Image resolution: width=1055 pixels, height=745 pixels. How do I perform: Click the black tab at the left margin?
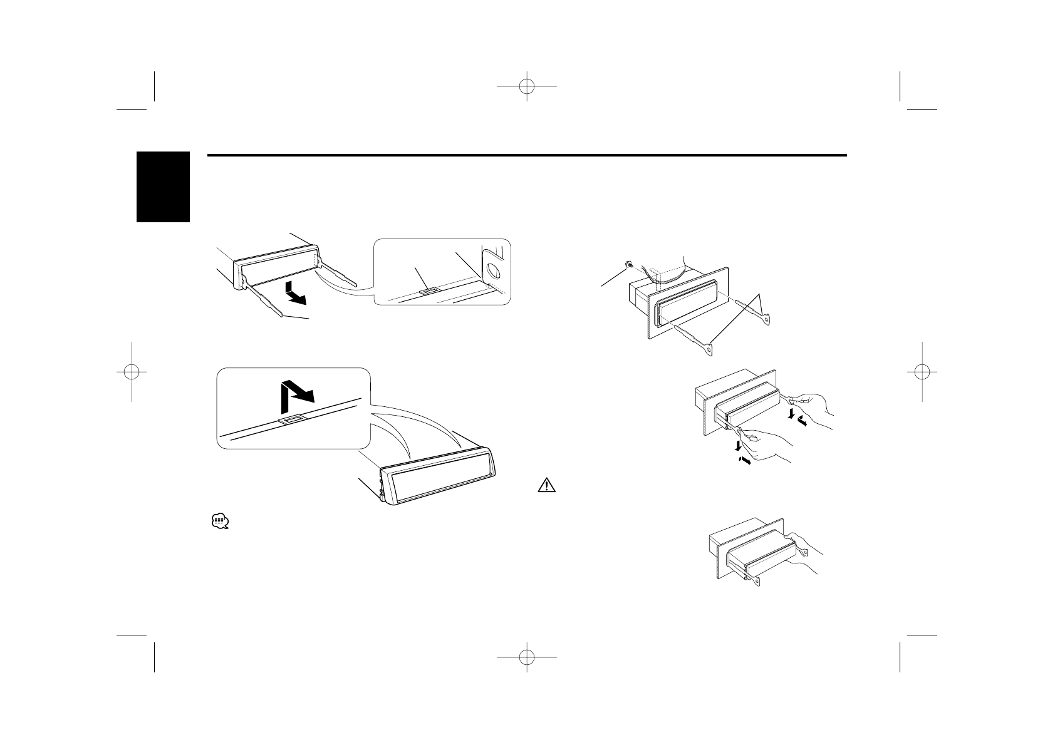(x=162, y=187)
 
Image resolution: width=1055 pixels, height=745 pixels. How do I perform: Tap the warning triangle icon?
(x=546, y=486)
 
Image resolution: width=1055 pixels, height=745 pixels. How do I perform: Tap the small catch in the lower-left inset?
(x=293, y=420)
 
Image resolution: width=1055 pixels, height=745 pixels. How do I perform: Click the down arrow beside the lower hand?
(x=741, y=445)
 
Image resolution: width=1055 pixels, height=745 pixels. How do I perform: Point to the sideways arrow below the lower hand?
(x=744, y=461)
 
